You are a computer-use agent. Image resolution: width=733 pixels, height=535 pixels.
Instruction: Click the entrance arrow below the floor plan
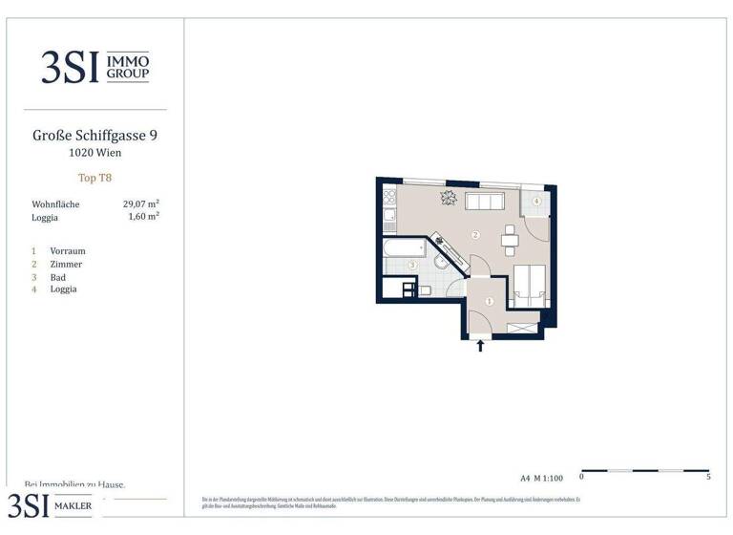tap(480, 346)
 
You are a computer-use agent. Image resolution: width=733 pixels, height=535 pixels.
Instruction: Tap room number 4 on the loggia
tap(536, 202)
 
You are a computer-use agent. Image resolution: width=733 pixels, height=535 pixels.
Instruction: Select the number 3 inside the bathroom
tap(412, 265)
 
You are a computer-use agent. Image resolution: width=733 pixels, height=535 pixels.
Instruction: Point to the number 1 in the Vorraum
tap(490, 301)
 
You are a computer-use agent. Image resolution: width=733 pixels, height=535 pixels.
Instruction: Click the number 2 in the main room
tap(475, 235)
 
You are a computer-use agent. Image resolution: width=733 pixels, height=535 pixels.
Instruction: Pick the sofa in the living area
tap(485, 201)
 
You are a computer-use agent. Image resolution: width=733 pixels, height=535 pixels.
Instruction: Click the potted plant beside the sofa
tap(449, 198)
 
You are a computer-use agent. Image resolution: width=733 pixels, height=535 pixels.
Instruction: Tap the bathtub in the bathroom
tap(403, 247)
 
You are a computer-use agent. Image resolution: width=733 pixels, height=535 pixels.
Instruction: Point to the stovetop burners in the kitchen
tap(389, 198)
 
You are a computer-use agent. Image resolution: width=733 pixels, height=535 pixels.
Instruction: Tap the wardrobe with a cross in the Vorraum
tap(522, 328)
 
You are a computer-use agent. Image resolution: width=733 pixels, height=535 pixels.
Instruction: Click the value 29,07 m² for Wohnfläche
tap(140, 203)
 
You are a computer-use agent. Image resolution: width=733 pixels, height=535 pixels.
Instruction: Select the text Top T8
tap(94, 178)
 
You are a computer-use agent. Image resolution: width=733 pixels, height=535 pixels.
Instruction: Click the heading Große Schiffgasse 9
tap(94, 136)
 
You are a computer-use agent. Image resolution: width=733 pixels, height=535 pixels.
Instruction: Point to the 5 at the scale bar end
tap(708, 476)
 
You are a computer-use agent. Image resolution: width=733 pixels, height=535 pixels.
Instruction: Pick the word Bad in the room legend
tap(58, 277)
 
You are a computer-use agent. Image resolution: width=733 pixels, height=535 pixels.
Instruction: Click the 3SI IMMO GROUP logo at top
tap(94, 67)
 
